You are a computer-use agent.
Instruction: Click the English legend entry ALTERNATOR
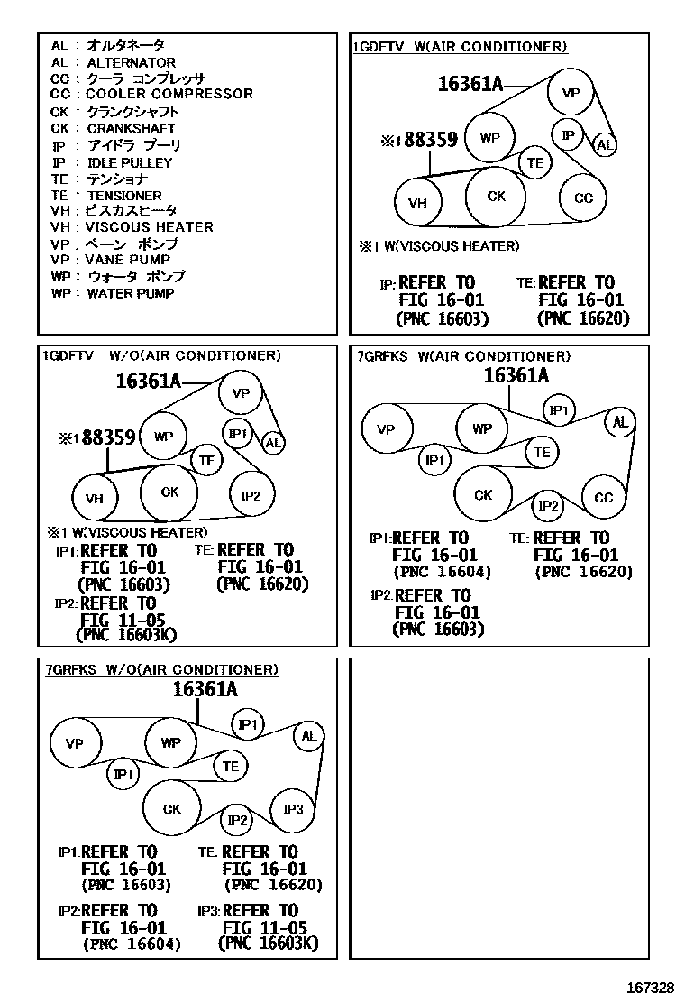click(131, 63)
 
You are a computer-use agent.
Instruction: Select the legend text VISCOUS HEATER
click(149, 227)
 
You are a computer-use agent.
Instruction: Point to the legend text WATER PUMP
click(130, 293)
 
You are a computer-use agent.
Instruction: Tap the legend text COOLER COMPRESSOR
click(169, 94)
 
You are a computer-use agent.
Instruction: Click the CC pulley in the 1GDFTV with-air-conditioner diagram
click(583, 198)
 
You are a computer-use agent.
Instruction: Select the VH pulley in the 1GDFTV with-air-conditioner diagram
click(417, 204)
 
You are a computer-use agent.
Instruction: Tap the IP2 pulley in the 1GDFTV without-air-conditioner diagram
click(251, 496)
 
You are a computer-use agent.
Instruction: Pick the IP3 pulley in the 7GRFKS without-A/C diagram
click(293, 809)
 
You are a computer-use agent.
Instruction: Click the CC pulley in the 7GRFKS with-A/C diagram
click(603, 498)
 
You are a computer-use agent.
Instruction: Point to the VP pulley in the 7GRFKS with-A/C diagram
click(386, 429)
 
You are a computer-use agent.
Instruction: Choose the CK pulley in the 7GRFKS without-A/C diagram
click(172, 810)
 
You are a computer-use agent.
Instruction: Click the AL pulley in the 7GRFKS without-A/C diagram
click(309, 736)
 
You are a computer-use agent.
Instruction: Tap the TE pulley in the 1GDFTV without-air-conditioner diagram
click(207, 461)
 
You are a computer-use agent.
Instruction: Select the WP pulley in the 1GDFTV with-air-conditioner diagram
click(489, 138)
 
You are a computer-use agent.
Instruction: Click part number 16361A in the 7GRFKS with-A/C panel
click(516, 376)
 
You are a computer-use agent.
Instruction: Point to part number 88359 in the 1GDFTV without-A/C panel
click(108, 438)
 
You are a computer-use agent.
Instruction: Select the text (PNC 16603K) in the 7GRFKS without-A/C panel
click(269, 944)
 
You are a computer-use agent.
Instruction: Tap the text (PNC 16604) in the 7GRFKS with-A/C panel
click(442, 572)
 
